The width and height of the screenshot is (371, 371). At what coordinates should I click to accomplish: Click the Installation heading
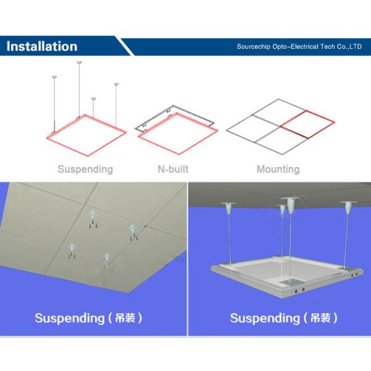click(42, 46)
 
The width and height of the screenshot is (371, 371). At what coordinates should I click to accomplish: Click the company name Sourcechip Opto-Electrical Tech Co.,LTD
click(299, 46)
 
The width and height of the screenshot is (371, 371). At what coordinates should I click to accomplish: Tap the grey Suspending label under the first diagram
click(85, 169)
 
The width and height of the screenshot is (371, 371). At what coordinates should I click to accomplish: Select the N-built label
click(173, 169)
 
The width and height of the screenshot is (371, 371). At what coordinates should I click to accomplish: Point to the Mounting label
click(278, 169)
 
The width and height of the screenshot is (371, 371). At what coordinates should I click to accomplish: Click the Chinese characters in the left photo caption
click(125, 318)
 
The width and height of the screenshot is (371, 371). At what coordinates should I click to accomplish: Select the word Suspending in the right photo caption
click(265, 318)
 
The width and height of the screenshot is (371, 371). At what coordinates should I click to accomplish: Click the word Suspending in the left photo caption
click(69, 318)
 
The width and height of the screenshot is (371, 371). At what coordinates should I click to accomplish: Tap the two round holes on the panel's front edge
click(299, 290)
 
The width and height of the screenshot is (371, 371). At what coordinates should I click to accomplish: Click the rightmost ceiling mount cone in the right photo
click(349, 207)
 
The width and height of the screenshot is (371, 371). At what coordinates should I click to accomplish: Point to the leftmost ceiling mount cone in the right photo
click(228, 208)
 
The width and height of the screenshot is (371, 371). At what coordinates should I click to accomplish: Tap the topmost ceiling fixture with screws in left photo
click(93, 218)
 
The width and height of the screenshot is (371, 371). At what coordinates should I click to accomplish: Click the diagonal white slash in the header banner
click(125, 46)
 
